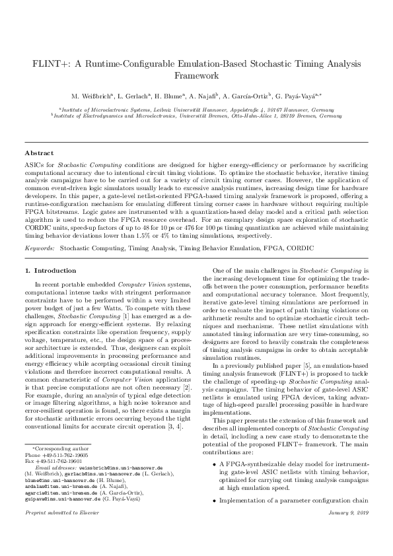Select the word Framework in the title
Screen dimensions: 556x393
point(196,77)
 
